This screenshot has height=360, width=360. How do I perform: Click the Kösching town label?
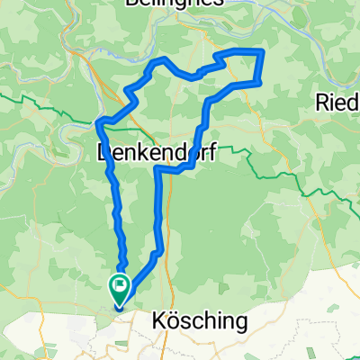click(193, 320)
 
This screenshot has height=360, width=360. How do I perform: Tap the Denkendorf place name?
click(155, 154)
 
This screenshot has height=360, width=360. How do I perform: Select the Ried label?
click(338, 103)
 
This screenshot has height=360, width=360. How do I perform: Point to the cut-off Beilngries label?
click(180, 4)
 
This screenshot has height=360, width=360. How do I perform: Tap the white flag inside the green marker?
click(119, 286)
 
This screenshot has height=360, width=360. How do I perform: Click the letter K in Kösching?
click(157, 320)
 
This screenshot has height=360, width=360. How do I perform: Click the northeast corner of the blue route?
click(262, 52)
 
